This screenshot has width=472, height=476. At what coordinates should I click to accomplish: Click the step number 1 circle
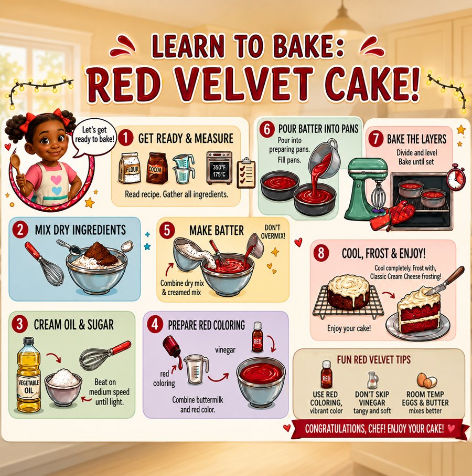[126, 138]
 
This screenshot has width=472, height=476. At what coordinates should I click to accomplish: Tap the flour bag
[130, 168]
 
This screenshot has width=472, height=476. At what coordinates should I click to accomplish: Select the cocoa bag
[157, 168]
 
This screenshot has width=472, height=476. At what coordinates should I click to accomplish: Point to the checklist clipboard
[246, 173]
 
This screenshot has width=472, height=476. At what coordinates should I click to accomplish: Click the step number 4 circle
[155, 324]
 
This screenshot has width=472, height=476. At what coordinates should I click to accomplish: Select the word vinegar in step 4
[225, 350]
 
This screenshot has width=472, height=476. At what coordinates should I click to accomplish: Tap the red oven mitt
[392, 216]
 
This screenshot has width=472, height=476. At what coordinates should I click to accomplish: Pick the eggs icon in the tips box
[426, 380]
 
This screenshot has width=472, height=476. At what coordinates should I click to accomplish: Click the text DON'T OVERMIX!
[273, 232]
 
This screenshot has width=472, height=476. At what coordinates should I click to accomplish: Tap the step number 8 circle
[321, 253]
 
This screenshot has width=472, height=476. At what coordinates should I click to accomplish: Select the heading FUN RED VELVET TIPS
[374, 360]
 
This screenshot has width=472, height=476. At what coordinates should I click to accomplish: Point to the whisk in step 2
[44, 264]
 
